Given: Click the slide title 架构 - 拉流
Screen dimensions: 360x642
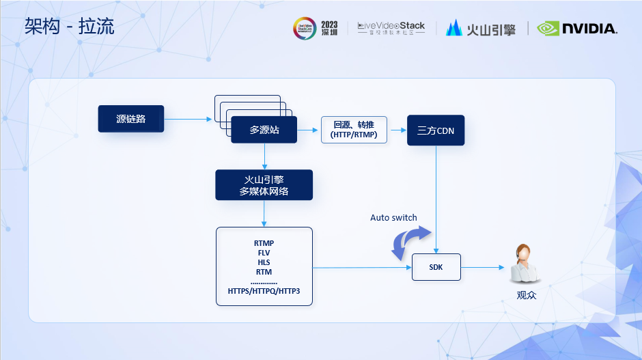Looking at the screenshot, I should (69, 27).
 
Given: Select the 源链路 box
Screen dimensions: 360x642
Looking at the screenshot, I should (131, 119).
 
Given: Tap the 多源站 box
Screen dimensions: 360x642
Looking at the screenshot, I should (264, 129).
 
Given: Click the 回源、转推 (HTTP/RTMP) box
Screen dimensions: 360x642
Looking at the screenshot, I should (354, 130).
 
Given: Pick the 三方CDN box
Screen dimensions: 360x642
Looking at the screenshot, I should (436, 130).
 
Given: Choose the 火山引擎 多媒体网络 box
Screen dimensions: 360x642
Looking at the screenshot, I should (264, 185).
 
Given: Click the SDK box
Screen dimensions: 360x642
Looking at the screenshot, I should (436, 267).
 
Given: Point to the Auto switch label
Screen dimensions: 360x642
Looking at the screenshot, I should (393, 217).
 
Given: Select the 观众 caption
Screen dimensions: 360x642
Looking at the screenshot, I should (527, 296).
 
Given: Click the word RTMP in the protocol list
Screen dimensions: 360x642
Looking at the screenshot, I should (264, 243).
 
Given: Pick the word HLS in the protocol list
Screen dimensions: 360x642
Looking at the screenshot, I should (264, 262).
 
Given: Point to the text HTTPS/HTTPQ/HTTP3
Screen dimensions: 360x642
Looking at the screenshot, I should (264, 291).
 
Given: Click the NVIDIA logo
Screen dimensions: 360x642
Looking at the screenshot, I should (577, 28).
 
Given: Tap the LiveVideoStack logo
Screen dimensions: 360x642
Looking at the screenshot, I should (391, 28).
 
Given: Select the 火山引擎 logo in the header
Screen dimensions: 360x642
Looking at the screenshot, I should (481, 28).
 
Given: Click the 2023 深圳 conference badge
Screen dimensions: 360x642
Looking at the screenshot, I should (316, 28).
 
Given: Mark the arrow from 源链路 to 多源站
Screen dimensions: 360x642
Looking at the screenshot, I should (189, 119).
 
